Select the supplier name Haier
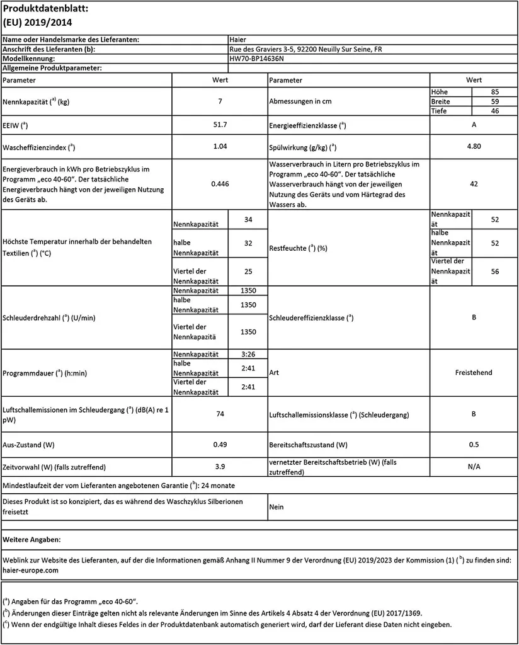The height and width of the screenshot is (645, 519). pos(239,40)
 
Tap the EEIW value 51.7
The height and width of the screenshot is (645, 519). pos(220,125)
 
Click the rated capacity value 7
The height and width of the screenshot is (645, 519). pos(220,101)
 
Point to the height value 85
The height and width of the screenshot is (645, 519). pos(494,92)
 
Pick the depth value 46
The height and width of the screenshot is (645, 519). pos(494,111)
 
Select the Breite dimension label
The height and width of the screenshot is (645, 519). pos(441,101)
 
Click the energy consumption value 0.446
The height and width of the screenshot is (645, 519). pos(220,184)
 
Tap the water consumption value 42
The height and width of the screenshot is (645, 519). pos(474,184)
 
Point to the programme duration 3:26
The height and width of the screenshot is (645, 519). pos(248,354)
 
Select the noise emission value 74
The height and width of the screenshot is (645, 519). pos(220,414)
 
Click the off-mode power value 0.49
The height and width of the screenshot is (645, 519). pos(220,445)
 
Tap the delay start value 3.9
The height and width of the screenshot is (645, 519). pos(220,467)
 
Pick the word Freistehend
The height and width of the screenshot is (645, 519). pos(474,373)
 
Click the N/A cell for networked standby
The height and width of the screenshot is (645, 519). pos(474,467)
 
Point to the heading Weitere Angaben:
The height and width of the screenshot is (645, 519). pos(31,540)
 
